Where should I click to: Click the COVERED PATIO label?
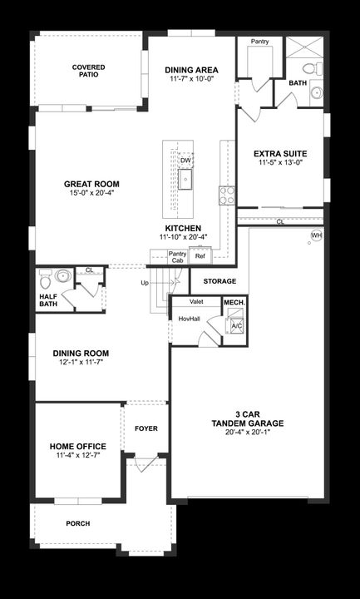pyautogui.click(x=87, y=71)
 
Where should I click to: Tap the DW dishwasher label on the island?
pyautogui.click(x=185, y=161)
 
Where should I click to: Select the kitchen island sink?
pyautogui.click(x=185, y=178)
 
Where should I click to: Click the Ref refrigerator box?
pyautogui.click(x=200, y=256)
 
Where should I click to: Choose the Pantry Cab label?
pyautogui.click(x=176, y=257)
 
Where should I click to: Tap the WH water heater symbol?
pyautogui.click(x=316, y=235)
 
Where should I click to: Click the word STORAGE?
pyautogui.click(x=219, y=281)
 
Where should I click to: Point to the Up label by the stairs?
pyautogui.click(x=145, y=283)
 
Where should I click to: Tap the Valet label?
pyautogui.click(x=197, y=302)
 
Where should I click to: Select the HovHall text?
pyautogui.click(x=190, y=319)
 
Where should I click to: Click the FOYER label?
pyautogui.click(x=146, y=428)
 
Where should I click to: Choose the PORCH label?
pyautogui.click(x=78, y=523)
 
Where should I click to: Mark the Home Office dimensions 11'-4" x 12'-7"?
pyautogui.click(x=76, y=456)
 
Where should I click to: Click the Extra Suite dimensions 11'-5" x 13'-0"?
pyautogui.click(x=280, y=163)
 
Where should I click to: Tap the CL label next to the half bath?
pyautogui.click(x=90, y=270)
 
